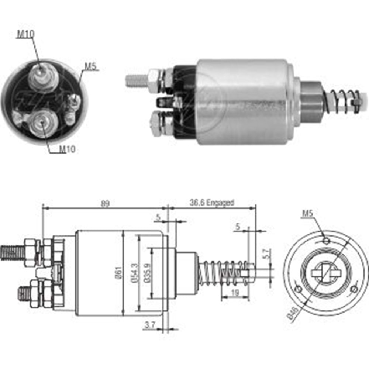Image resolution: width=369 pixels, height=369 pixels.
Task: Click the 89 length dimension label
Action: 105,203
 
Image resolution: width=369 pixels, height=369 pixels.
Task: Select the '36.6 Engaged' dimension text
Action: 212,203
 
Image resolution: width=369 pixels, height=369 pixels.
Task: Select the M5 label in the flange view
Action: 307,213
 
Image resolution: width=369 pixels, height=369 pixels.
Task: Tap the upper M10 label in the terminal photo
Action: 26,34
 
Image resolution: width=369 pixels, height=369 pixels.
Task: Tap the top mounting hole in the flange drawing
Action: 326,241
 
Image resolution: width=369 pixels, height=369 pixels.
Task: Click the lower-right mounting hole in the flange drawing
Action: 354,289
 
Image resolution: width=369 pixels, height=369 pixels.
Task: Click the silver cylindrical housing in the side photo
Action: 242,101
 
